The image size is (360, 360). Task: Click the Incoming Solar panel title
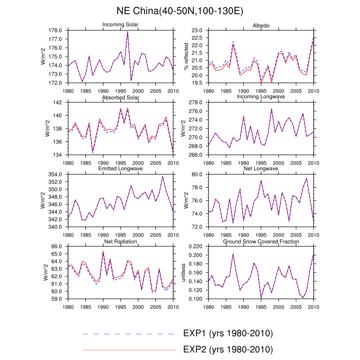[120, 25]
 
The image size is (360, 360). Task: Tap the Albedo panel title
[261, 25]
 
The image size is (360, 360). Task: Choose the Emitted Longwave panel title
[120, 169]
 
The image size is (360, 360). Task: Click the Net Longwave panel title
[261, 169]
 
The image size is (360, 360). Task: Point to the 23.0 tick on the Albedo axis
[197, 31]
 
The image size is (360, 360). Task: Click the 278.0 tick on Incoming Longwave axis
[196, 103]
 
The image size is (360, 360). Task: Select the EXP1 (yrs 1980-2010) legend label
[228, 333]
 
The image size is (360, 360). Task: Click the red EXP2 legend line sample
[129, 350]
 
